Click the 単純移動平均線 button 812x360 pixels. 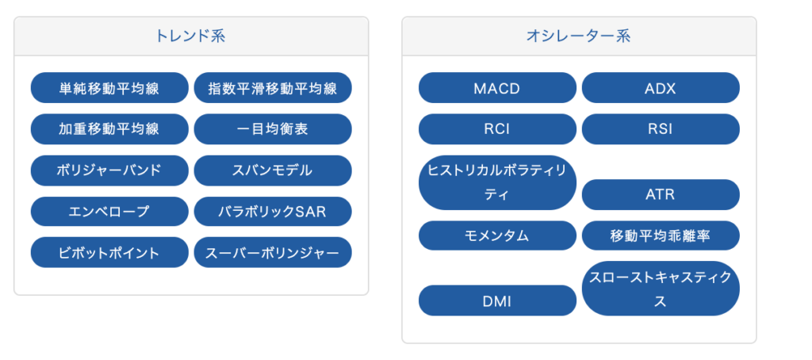coord(109,87)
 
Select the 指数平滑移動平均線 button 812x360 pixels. coord(273,87)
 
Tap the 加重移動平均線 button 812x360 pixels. coord(109,129)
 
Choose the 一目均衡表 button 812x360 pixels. coord(273,129)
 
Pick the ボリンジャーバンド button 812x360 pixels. coord(109,170)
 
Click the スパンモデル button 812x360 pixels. coord(273,170)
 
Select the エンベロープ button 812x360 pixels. coord(109,212)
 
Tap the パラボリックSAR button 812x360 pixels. coord(273,212)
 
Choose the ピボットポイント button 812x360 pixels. coord(109,252)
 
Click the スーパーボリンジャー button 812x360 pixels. coord(273,252)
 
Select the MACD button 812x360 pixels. coord(497,87)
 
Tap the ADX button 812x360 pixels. coord(661,87)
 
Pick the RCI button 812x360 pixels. coord(497,129)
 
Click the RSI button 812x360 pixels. coord(661,129)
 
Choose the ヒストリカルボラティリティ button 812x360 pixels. coord(497,183)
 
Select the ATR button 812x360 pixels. coord(661,195)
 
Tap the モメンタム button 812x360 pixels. coord(497,236)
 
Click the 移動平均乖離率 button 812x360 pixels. coord(661,236)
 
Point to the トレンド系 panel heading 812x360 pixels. coord(190,36)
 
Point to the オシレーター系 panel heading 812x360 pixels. coord(578,36)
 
